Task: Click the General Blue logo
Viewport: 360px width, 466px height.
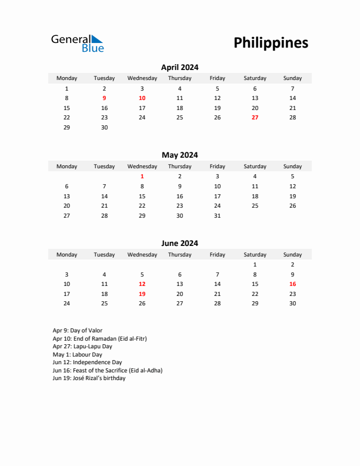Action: pyautogui.click(x=77, y=43)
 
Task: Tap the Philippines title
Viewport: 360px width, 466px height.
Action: pyautogui.click(x=271, y=43)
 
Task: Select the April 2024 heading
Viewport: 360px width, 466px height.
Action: pyautogui.click(x=179, y=67)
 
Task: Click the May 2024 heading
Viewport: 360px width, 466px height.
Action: pyautogui.click(x=179, y=155)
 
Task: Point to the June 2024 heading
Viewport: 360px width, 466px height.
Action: pyautogui.click(x=179, y=244)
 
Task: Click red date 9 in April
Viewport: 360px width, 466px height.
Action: pyautogui.click(x=104, y=98)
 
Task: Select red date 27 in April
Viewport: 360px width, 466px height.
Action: pyautogui.click(x=255, y=118)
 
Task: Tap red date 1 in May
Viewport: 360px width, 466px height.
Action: pyautogui.click(x=142, y=177)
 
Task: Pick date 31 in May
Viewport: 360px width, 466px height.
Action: pyautogui.click(x=217, y=216)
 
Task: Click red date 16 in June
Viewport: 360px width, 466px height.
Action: pyautogui.click(x=292, y=284)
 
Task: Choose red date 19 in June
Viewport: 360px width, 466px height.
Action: pyautogui.click(x=142, y=294)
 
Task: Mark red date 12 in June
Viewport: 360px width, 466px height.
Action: pyautogui.click(x=142, y=284)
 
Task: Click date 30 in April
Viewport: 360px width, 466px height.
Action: pyautogui.click(x=104, y=128)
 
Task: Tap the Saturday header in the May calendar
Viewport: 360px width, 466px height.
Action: pyautogui.click(x=255, y=167)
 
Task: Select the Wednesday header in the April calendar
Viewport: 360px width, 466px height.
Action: pyautogui.click(x=142, y=78)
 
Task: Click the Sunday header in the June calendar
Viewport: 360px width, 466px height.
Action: pyautogui.click(x=292, y=255)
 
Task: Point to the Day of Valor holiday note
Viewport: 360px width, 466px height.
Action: pyautogui.click(x=77, y=331)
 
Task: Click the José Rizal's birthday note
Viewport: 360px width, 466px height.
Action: pyautogui.click(x=89, y=378)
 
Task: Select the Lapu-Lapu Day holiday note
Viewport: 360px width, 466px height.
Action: pyautogui.click(x=82, y=347)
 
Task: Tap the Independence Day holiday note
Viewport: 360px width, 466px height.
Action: pyautogui.click(x=87, y=362)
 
